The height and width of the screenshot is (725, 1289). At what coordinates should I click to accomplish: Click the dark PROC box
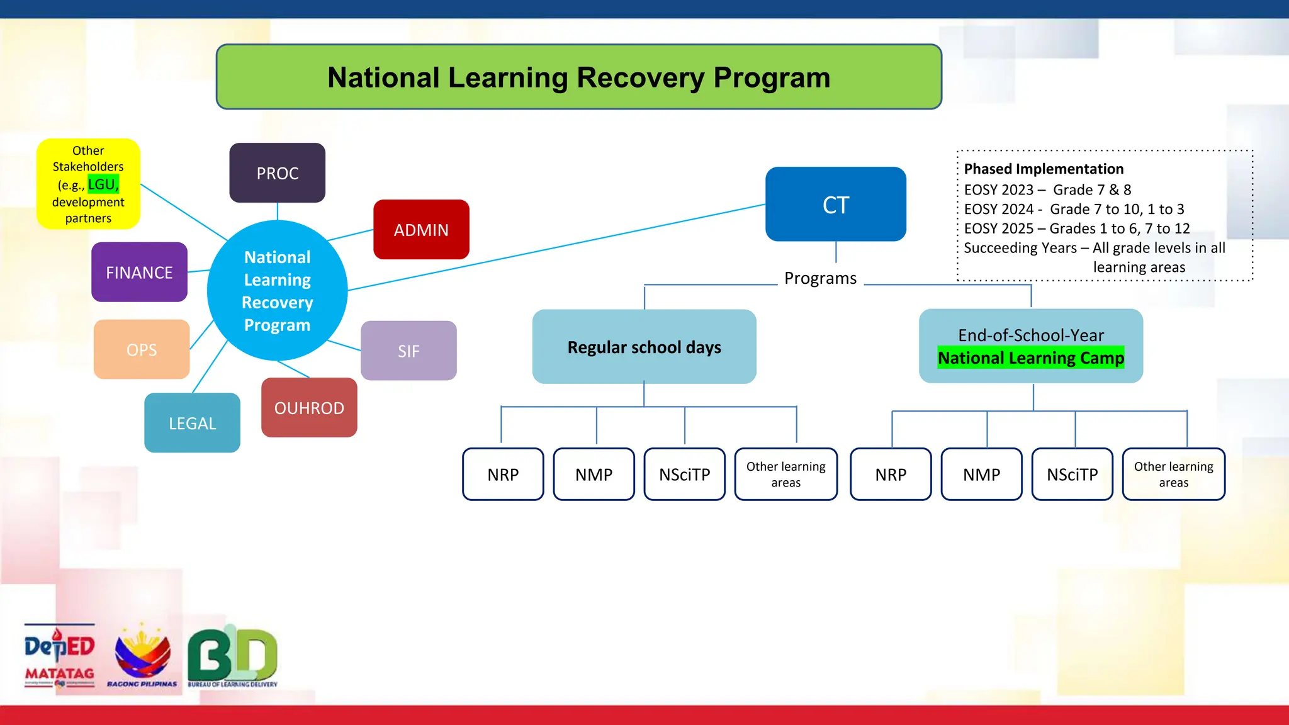(277, 173)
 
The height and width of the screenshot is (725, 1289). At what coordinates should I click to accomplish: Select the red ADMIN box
(421, 230)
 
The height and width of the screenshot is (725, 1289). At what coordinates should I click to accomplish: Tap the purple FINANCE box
(139, 273)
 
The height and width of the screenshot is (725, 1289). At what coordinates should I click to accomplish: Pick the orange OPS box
(142, 349)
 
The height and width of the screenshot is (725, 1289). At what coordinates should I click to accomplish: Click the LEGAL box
(192, 423)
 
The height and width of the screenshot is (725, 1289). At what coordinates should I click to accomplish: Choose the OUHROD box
(309, 408)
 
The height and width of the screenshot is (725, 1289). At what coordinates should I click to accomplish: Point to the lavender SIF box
(408, 351)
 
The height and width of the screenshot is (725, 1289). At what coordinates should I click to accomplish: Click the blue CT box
(835, 205)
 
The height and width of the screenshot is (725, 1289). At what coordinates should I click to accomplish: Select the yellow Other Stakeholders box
(88, 184)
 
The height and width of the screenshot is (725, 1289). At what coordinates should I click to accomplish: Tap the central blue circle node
(277, 291)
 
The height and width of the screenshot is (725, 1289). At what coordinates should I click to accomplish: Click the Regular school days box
(644, 347)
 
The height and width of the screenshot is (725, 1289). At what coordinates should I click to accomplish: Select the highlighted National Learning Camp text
(1030, 358)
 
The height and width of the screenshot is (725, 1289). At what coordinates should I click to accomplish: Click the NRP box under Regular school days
(503, 475)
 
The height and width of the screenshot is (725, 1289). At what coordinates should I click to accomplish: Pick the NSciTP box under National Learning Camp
(1072, 475)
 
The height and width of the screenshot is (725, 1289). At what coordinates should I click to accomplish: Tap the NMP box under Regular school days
(594, 475)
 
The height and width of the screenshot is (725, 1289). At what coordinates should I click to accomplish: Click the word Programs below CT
(820, 278)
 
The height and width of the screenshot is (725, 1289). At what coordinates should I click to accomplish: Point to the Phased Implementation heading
(1044, 169)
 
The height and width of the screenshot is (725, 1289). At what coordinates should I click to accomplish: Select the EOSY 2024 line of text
(1074, 209)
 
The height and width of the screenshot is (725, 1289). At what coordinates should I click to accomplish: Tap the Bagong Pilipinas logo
(142, 655)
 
